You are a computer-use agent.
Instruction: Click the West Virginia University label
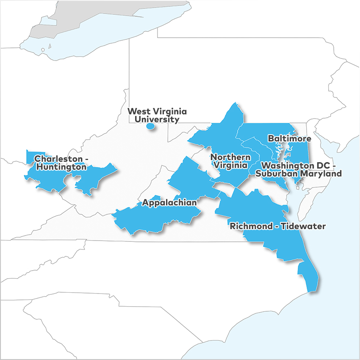[157, 115]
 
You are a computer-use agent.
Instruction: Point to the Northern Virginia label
[231, 161]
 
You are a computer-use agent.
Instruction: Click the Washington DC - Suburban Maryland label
[301, 169]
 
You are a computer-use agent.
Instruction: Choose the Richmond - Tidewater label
[277, 226]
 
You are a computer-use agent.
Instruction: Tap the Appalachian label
[169, 202]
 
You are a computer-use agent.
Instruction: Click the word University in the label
[157, 119]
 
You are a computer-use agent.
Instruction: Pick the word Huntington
[61, 167]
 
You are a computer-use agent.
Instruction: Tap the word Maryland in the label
[323, 174]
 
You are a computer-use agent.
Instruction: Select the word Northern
[231, 157]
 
